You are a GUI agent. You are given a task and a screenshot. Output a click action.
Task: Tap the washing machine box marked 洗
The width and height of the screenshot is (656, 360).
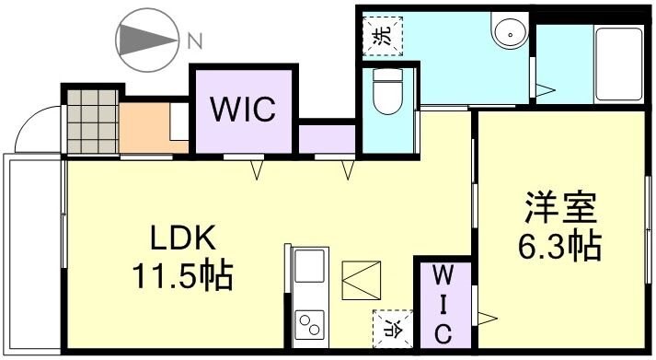(381, 37)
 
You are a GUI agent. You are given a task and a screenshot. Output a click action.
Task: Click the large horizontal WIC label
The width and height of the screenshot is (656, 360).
(243, 111)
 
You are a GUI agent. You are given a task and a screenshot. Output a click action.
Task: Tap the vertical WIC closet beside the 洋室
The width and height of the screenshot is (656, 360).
(443, 304)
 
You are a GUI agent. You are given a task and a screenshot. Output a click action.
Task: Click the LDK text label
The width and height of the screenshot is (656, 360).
(184, 239)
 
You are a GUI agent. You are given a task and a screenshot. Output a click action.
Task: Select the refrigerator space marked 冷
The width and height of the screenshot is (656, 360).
(388, 327)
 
